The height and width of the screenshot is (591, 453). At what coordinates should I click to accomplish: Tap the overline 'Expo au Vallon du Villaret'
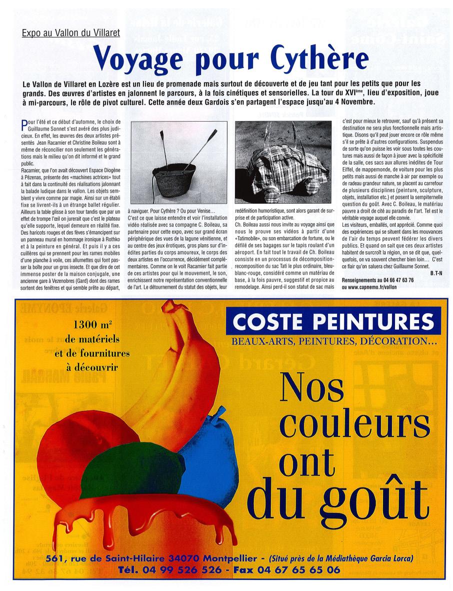[71, 34]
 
